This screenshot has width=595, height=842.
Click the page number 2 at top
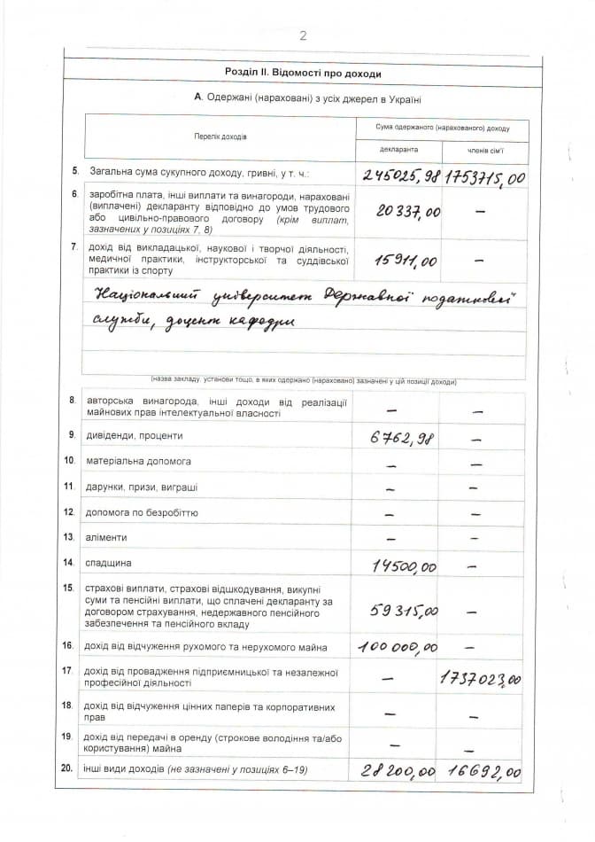click(x=303, y=35)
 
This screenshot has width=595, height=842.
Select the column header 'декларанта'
click(x=398, y=150)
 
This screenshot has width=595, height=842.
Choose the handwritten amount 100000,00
click(x=398, y=648)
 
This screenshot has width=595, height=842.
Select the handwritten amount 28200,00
click(x=397, y=771)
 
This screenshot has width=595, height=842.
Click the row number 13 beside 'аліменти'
click(x=68, y=537)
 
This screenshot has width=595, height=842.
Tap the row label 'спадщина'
click(x=108, y=563)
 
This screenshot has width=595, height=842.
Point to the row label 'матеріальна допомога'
click(x=137, y=461)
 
